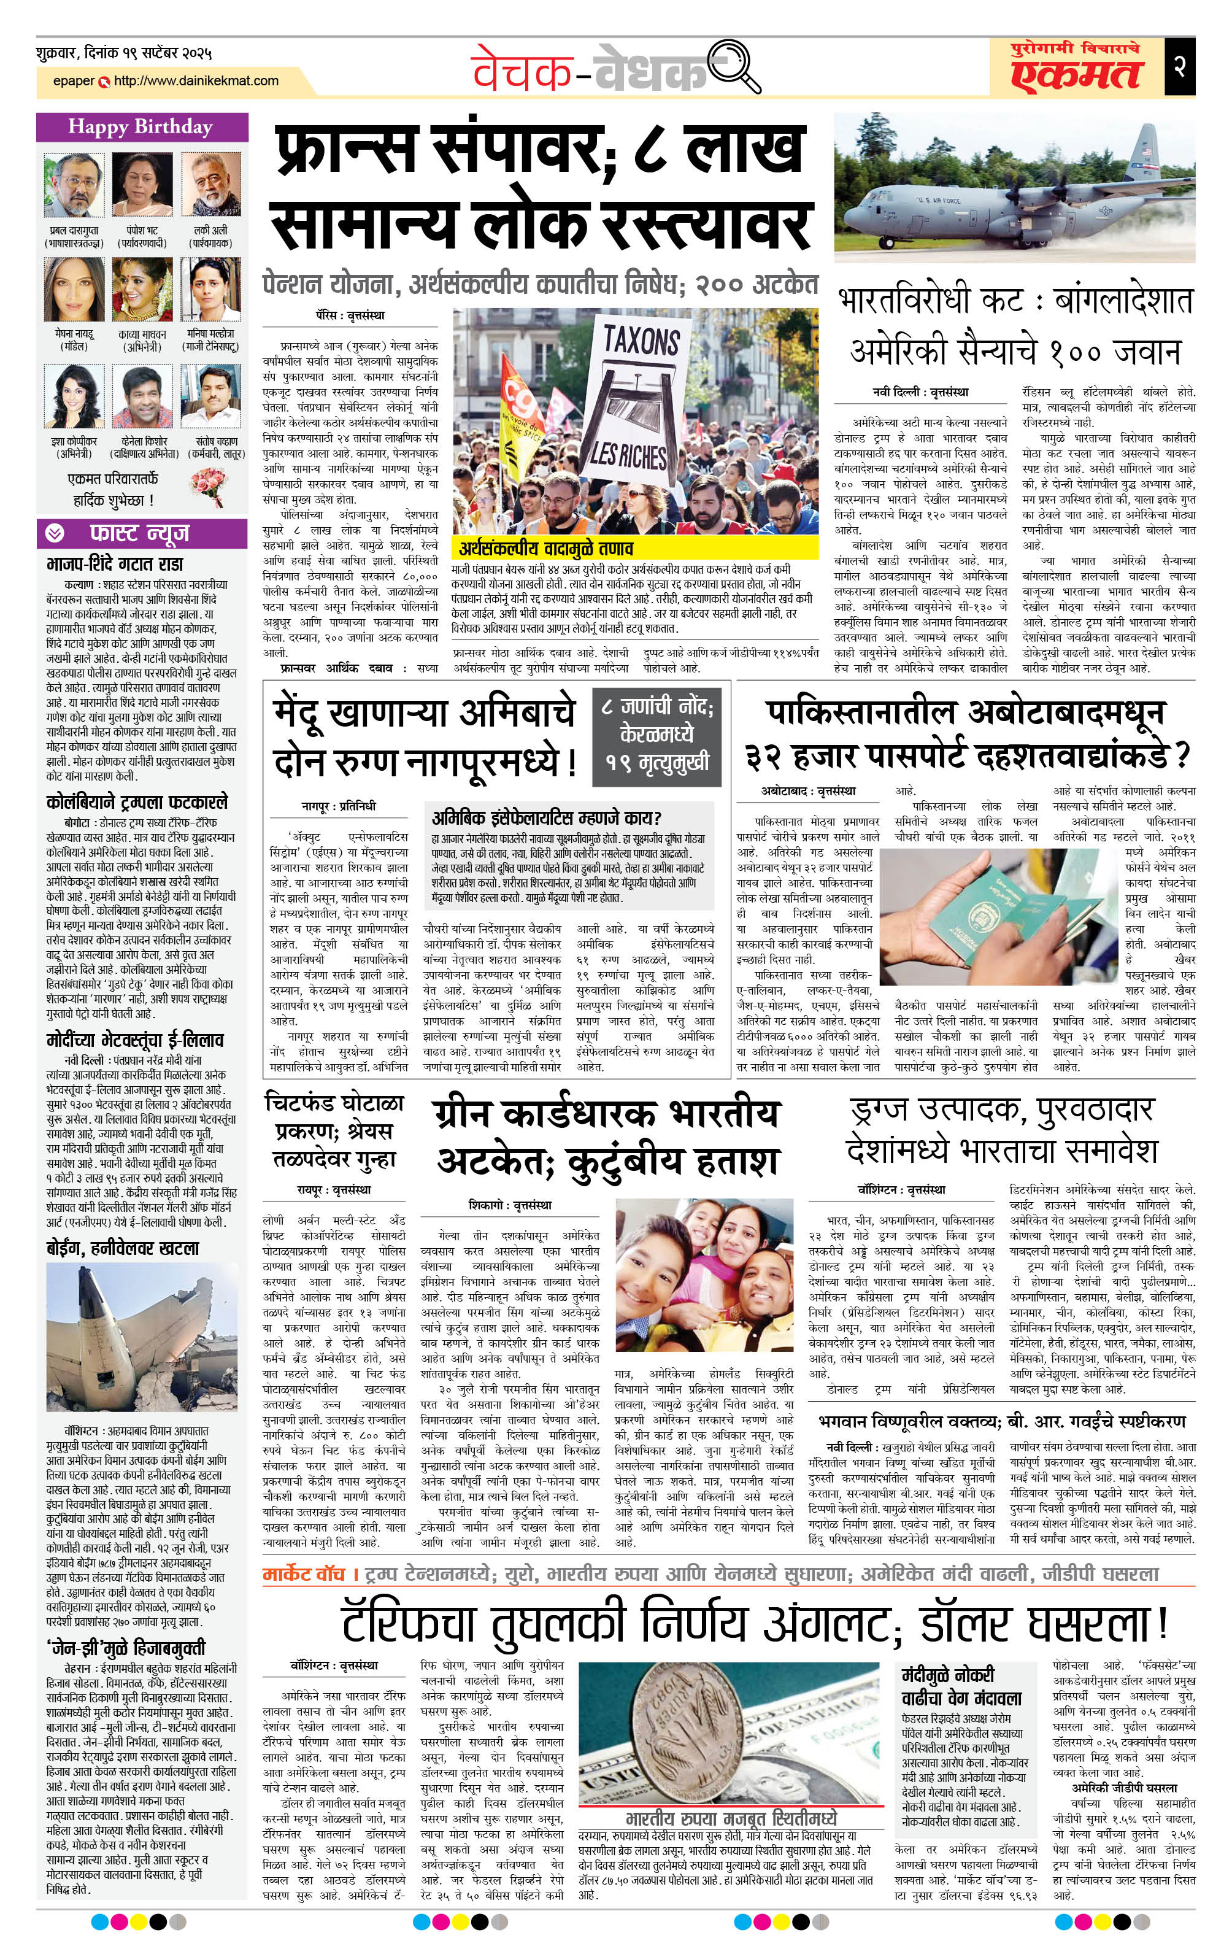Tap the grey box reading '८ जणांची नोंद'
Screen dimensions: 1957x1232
[x=656, y=734]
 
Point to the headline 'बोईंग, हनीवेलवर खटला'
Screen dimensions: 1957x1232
[x=122, y=1248]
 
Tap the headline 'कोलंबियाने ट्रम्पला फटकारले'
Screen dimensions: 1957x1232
[x=137, y=802]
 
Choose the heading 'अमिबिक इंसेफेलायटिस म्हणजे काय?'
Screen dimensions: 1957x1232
[x=546, y=817]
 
